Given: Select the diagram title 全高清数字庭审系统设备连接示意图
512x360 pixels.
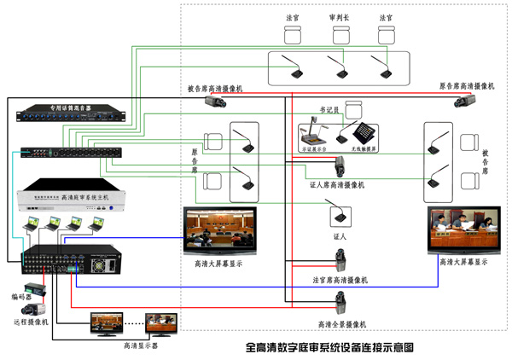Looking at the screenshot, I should tap(329, 347).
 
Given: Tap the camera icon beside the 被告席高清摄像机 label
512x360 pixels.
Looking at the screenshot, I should tap(214, 100).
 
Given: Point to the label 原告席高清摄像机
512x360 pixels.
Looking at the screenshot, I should tap(466, 86).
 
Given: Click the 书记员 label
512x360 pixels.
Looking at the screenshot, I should tap(329, 109).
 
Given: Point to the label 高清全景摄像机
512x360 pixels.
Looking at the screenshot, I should tap(341, 324).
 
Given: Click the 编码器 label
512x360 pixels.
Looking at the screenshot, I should tap(22, 297).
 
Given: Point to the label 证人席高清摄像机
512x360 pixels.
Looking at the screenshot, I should tap(337, 184).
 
